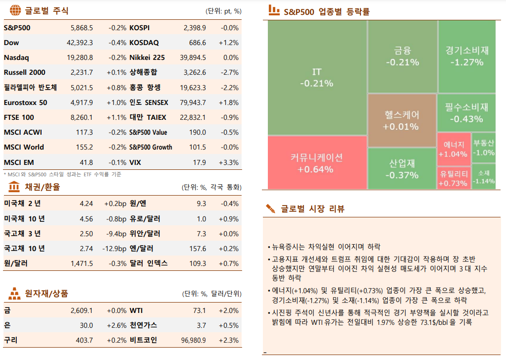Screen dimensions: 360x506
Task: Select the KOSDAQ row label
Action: coord(144,43)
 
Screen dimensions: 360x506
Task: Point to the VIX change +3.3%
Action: coord(229,162)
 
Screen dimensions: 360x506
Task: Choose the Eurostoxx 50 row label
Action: coord(25,103)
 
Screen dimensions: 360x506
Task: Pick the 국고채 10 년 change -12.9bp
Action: coord(115,249)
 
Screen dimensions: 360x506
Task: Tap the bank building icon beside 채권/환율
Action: coord(14,187)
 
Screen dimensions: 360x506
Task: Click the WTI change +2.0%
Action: coord(229,310)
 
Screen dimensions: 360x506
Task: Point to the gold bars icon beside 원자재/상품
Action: coord(14,294)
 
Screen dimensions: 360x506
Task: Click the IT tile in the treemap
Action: coord(317,78)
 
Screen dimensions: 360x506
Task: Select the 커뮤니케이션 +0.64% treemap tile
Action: coord(317,163)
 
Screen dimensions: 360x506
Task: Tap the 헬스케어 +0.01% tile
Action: coord(402,120)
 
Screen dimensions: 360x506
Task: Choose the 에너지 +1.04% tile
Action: coord(453,149)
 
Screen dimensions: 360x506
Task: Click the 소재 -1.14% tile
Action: coord(483,176)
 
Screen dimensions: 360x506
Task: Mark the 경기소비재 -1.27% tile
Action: coord(466,56)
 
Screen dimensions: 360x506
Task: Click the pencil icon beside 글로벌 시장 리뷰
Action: coord(270,208)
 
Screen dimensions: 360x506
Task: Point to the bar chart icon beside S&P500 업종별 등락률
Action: coord(273,10)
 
